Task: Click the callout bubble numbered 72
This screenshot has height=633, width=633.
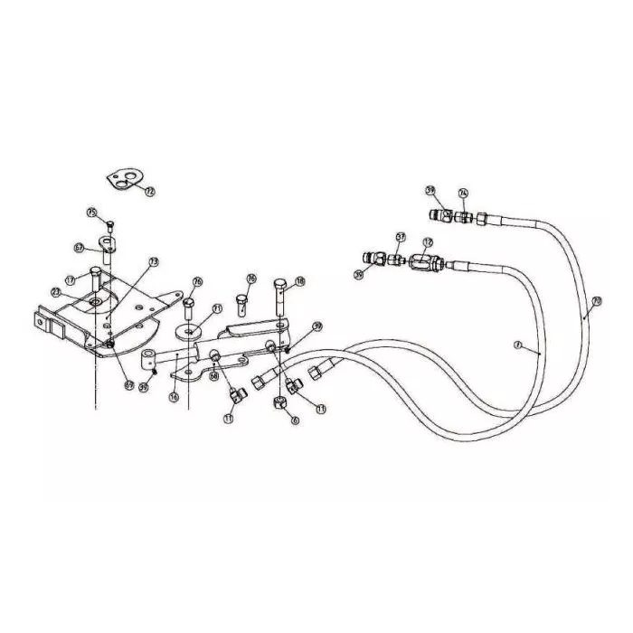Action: (150, 191)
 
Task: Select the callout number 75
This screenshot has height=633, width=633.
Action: (91, 212)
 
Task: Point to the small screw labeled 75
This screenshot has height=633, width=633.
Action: (109, 224)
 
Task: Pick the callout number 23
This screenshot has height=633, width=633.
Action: (56, 292)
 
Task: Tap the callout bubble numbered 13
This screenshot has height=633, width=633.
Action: (154, 261)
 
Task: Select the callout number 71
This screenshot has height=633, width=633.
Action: (217, 308)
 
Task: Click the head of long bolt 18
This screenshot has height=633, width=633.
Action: (281, 288)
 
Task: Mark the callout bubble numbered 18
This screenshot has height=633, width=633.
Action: (300, 281)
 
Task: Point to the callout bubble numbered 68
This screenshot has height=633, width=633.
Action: (214, 376)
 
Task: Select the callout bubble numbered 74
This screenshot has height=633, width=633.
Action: (463, 193)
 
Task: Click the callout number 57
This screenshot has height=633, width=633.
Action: (401, 237)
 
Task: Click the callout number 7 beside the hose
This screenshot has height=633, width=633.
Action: (518, 345)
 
